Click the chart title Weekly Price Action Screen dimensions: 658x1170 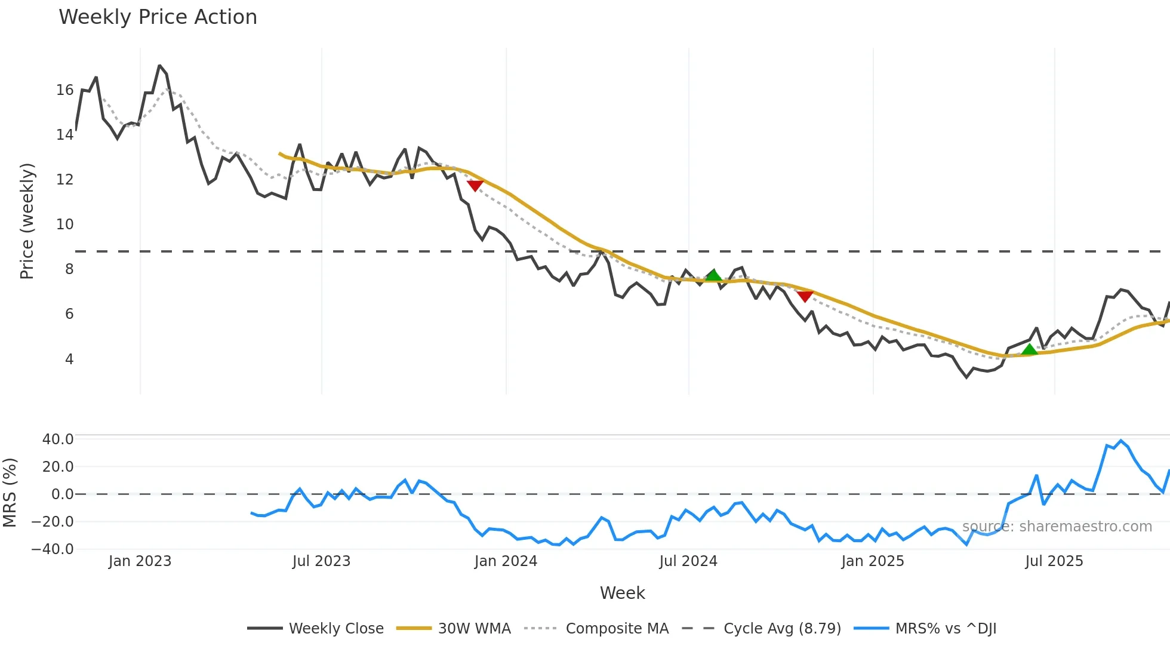[x=158, y=17]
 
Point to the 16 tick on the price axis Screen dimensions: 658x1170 [x=64, y=90]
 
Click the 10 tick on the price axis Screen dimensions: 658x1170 [x=64, y=225]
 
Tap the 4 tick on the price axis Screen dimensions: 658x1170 [x=69, y=359]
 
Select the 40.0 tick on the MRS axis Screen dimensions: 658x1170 [x=58, y=439]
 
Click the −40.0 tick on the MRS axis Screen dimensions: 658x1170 [x=53, y=549]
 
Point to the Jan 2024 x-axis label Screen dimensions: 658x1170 [x=506, y=561]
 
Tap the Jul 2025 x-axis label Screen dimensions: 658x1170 [x=1054, y=561]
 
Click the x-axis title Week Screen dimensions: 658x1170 [x=622, y=593]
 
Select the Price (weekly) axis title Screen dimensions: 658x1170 [x=27, y=221]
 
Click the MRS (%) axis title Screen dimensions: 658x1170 [x=10, y=493]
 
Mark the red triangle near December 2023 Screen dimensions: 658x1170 [x=475, y=186]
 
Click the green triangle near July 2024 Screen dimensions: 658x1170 [x=713, y=275]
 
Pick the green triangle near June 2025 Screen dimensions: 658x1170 [x=1029, y=349]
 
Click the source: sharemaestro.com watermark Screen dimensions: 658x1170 [x=1057, y=527]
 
